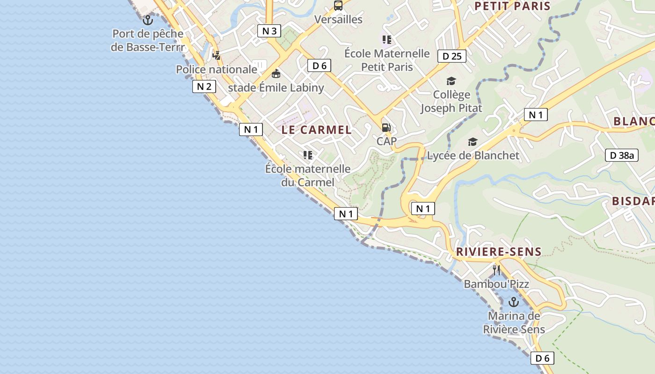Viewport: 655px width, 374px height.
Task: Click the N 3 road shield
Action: tap(269, 31)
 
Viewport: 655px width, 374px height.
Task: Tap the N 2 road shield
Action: tap(204, 86)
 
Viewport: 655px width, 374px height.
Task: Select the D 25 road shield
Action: tap(451, 57)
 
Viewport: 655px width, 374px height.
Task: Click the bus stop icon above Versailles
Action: tap(338, 6)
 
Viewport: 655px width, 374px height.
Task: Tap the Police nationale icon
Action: tap(216, 55)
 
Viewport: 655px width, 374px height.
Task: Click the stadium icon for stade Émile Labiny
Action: tap(276, 74)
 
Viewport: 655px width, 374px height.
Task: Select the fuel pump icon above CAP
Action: tap(386, 127)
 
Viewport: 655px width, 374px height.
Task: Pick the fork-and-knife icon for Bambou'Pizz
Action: tap(496, 270)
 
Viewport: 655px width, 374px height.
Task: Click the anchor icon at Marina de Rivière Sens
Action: tap(514, 302)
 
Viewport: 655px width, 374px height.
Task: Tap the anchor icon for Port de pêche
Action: tap(148, 20)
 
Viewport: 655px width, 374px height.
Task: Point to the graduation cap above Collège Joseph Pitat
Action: tap(451, 81)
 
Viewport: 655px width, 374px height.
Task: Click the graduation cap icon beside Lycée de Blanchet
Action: tap(473, 142)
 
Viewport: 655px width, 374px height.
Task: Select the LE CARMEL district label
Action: tap(316, 130)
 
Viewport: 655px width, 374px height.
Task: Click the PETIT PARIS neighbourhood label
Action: tap(512, 6)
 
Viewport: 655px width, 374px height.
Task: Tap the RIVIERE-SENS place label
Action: tap(498, 252)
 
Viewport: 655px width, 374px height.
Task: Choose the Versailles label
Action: tap(338, 20)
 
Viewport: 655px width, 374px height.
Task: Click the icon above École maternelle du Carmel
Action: tap(307, 155)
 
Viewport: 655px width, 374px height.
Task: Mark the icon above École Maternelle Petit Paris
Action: tap(386, 40)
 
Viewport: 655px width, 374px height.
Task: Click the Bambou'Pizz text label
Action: tap(496, 284)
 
